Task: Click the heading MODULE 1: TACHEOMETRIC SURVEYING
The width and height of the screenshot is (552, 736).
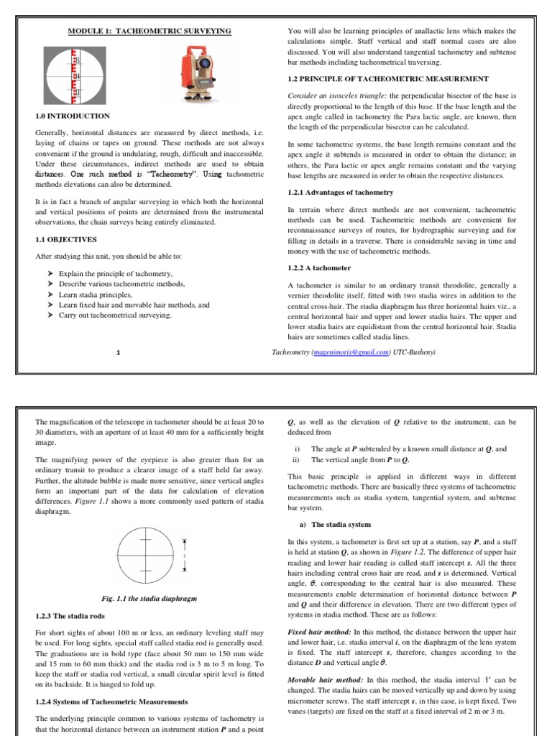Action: [149, 32]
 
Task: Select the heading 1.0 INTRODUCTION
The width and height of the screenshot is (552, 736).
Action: [73, 116]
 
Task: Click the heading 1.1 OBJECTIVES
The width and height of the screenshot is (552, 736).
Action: [67, 240]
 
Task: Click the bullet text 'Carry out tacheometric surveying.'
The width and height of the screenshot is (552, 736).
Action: [115, 315]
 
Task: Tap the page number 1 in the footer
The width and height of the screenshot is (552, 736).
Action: [118, 352]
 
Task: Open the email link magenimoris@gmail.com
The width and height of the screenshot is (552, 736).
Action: [351, 352]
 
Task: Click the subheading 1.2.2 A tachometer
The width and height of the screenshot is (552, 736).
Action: [319, 268]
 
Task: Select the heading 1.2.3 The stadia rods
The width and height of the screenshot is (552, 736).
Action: [70, 616]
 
